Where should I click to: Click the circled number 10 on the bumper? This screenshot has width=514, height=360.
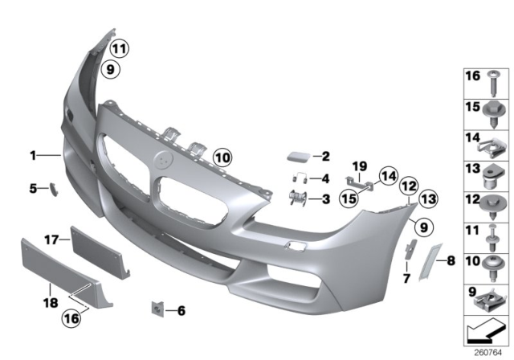(x=222, y=157)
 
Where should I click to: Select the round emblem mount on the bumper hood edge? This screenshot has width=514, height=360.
(x=167, y=159)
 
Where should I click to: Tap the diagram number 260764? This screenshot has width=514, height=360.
(x=485, y=350)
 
